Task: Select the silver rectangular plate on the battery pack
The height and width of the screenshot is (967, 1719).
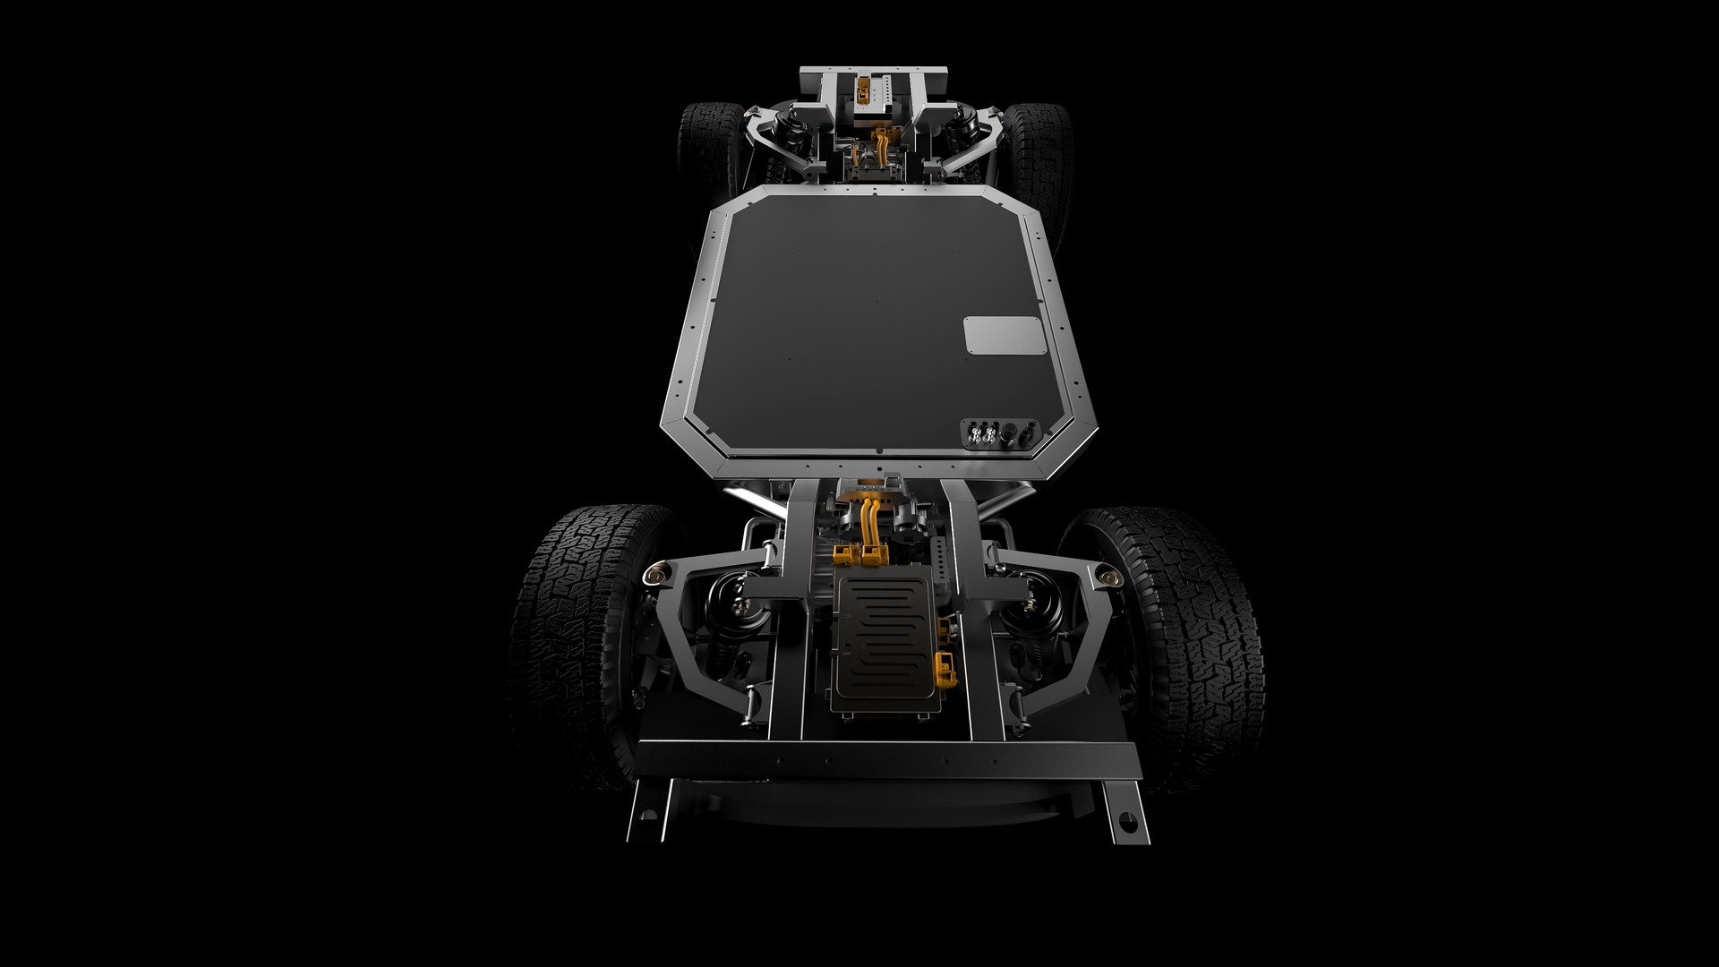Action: [x=1004, y=337]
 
